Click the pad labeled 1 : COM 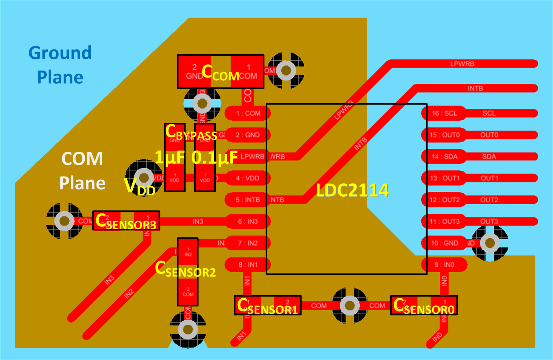(247, 113)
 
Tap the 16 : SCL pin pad (444, 113)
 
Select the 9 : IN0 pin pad (444, 265)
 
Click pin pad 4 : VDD (247, 178)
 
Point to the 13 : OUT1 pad (444, 178)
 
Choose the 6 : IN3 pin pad (247, 221)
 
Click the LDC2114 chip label (352, 191)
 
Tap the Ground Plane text (60, 65)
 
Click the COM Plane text (82, 171)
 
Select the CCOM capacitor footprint (221, 72)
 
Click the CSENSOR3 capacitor (126, 221)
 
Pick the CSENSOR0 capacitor (424, 305)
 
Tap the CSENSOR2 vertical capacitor (188, 272)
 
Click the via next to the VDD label (144, 177)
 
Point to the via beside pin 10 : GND (490, 243)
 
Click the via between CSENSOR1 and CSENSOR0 (350, 305)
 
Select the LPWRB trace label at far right (462, 64)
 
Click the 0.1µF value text (214, 158)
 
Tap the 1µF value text (170, 158)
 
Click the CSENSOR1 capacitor (268, 305)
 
